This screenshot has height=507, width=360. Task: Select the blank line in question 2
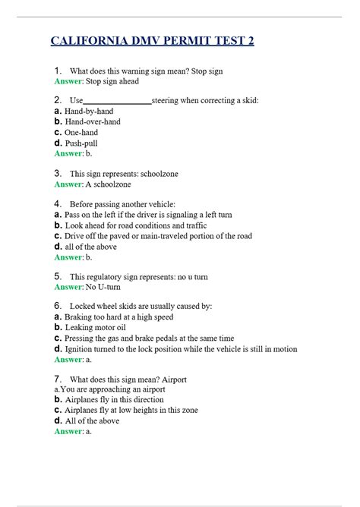118,100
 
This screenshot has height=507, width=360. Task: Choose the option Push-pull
81,143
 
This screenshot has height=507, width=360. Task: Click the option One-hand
81,132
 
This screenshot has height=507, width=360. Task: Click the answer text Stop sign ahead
112,81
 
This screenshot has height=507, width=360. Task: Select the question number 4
58,204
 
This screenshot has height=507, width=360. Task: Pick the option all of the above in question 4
90,247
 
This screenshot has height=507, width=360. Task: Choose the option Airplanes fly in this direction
114,399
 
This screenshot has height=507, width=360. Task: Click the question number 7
58,379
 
